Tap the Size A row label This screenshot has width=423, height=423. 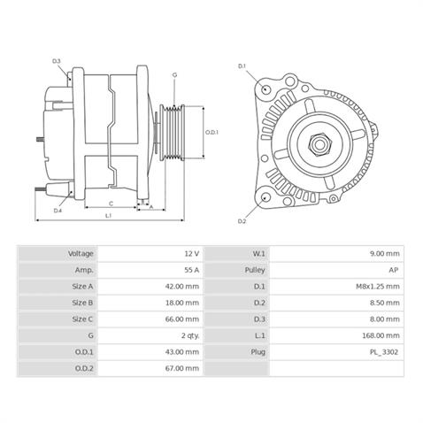coord(82,287)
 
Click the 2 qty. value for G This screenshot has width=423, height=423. coord(188,336)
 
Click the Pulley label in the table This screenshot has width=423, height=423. coord(257,270)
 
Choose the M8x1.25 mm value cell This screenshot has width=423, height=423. coord(379,287)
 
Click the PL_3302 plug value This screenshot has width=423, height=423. coord(385,352)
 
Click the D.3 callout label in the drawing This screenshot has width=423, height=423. coord(57,61)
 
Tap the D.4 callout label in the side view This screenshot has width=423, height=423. coord(58,211)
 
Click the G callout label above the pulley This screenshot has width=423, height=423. coord(174,75)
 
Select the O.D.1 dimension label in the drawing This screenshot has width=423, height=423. coord(211,133)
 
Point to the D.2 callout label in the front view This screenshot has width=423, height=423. coord(242,220)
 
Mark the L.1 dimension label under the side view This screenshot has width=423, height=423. coord(108,215)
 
